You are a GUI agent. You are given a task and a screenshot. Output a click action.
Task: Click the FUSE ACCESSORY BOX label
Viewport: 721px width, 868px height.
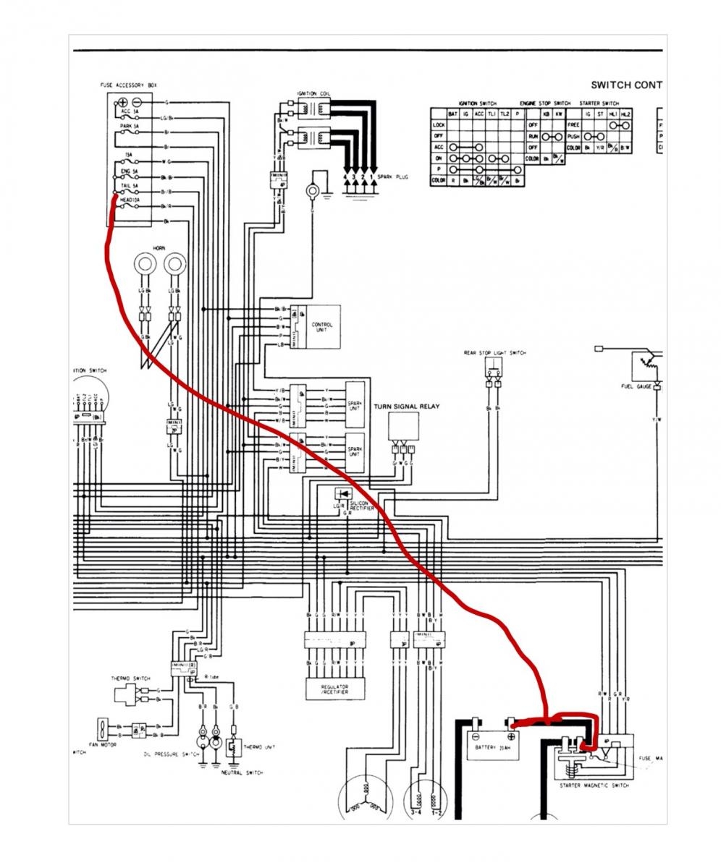coord(127,85)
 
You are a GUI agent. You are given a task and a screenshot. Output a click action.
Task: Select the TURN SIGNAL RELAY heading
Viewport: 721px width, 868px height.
coord(406,407)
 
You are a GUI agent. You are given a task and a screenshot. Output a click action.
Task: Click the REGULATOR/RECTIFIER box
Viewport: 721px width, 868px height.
coord(334,688)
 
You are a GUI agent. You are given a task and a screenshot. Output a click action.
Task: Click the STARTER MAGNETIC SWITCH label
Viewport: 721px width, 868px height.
coord(594,785)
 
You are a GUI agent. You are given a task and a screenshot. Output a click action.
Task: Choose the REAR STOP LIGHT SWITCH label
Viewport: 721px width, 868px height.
coord(495,353)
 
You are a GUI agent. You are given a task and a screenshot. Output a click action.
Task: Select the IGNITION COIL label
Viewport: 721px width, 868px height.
coord(313,94)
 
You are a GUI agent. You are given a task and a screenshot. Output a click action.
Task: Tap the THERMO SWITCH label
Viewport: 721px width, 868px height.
coord(130,678)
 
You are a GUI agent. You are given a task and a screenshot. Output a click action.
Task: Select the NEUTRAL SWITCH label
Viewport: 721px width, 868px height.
coord(242,773)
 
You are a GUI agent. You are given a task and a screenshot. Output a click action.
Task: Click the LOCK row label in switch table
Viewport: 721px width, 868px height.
coord(438,125)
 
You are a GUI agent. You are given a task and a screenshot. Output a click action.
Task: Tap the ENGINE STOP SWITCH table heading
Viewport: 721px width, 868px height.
coord(545,103)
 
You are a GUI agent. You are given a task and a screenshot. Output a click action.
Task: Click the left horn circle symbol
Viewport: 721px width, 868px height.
coord(143,265)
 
